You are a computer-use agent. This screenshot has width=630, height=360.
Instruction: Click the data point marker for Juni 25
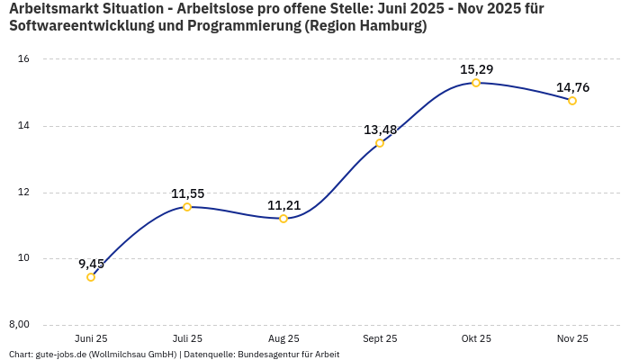(91, 277)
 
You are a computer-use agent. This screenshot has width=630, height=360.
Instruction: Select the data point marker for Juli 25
(187, 207)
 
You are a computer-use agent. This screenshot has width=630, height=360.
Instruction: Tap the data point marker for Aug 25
(283, 219)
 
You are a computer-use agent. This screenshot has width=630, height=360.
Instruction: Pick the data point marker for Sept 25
(380, 143)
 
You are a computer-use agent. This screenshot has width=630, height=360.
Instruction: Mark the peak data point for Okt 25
(476, 83)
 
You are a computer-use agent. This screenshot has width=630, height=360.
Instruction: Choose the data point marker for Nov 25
(572, 101)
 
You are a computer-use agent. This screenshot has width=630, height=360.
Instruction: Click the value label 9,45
(91, 264)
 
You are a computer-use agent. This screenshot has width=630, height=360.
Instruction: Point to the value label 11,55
(187, 193)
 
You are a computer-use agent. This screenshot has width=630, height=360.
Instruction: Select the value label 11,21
(283, 205)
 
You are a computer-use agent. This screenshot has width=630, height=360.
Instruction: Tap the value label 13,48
(380, 130)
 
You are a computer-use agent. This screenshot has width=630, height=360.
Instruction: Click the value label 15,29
(476, 69)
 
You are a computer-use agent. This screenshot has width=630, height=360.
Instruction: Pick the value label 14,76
(572, 87)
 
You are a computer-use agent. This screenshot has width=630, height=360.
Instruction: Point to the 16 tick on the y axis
(24, 59)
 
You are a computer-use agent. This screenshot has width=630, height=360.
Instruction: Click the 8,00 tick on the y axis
(20, 325)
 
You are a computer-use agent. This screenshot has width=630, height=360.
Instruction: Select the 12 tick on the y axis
(24, 193)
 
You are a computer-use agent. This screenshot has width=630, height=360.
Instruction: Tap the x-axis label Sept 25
(380, 339)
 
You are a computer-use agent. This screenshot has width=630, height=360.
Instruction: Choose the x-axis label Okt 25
(476, 339)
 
